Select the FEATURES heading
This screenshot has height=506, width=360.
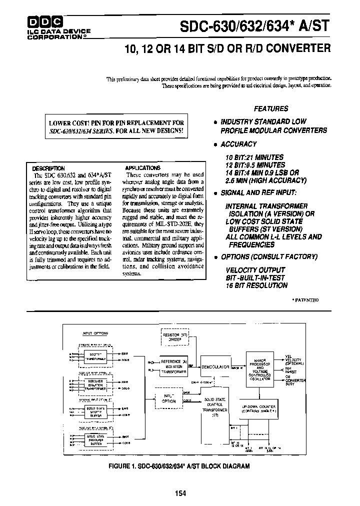coord(270,108)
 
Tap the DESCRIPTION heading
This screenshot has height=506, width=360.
coord(48,168)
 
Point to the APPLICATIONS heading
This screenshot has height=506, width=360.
coord(142,168)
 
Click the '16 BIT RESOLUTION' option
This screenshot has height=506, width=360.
coord(256,285)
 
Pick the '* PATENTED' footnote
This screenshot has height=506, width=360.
coord(304,299)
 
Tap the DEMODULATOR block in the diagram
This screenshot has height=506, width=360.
coord(216,366)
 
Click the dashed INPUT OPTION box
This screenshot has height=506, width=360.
coord(169,398)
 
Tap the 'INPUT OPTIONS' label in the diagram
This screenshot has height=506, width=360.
coord(94,333)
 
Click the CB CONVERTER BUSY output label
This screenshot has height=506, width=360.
coord(294,380)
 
